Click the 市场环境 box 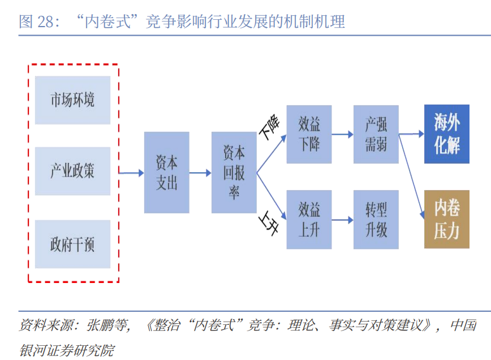coord(72,100)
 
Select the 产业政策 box coord(72,171)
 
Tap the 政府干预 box coord(72,244)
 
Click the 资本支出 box coord(166,173)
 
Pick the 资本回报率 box coord(234,173)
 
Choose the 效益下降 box coord(309,134)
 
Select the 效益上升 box coord(309,220)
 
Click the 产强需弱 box coord(376,134)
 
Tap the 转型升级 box coord(376,220)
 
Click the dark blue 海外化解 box coord(447,134)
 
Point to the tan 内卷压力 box coord(447,219)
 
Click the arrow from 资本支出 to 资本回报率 coord(200,173)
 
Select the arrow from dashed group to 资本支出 coord(131,173)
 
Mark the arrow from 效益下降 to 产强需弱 coord(343,134)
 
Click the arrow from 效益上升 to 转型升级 coord(343,220)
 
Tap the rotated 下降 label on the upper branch coord(269,127)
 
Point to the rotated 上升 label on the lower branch coord(269,223)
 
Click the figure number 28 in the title coord(45,22)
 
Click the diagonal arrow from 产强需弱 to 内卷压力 coord(411,177)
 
